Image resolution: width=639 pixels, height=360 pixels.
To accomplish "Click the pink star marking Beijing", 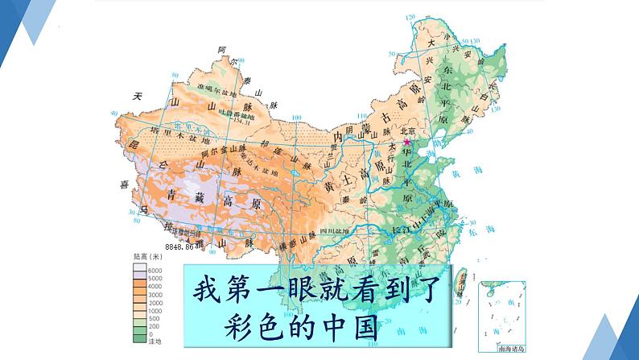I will (x=406, y=141).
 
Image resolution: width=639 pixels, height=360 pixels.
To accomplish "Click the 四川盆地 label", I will (x=331, y=230).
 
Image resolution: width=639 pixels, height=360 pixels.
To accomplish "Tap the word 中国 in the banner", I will (x=352, y=331).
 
